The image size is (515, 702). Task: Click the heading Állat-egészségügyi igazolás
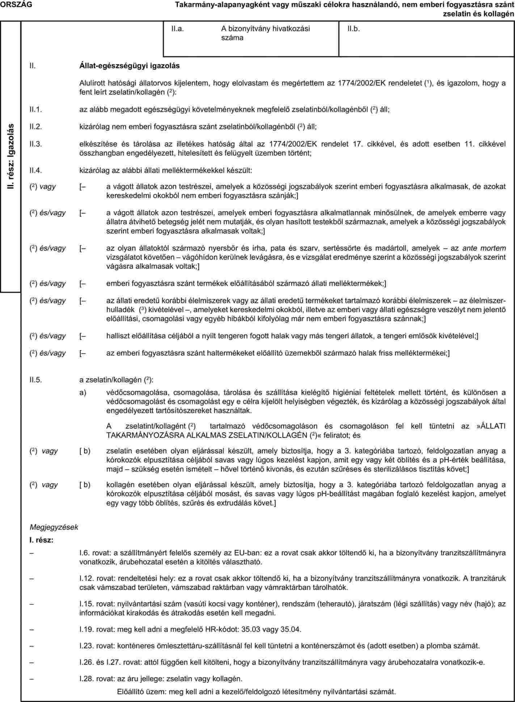pyautogui.click(x=129, y=66)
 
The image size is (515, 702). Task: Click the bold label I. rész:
pyautogui.click(x=42, y=540)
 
